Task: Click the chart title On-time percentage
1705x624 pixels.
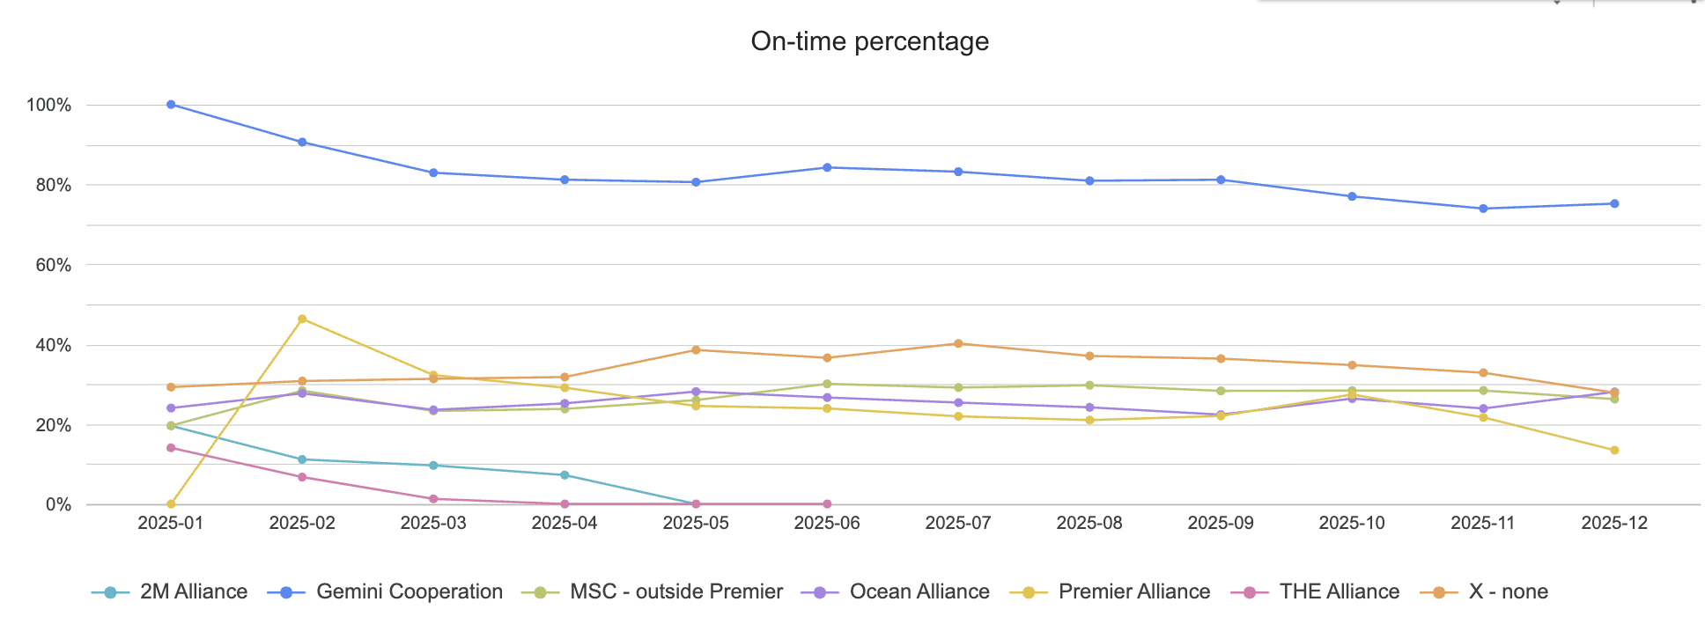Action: [x=869, y=41]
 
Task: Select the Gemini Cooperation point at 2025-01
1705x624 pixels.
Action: [x=171, y=105]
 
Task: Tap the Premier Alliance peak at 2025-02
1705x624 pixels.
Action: [x=302, y=319]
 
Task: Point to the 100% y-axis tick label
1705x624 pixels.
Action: [x=49, y=106]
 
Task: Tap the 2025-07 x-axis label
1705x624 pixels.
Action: [x=958, y=523]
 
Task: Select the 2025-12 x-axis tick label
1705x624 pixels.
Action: [x=1614, y=523]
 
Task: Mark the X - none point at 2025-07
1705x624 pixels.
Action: [x=958, y=343]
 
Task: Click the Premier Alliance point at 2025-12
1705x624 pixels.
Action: [x=1614, y=451]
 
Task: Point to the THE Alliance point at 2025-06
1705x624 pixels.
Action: [x=827, y=504]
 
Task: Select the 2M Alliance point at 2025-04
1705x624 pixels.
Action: [x=565, y=475]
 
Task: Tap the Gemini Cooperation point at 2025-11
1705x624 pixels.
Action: [x=1483, y=209]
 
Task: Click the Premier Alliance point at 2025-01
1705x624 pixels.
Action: [x=171, y=504]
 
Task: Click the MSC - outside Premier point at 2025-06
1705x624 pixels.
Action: [x=827, y=384]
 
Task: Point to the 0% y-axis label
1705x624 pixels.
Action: [x=58, y=505]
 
